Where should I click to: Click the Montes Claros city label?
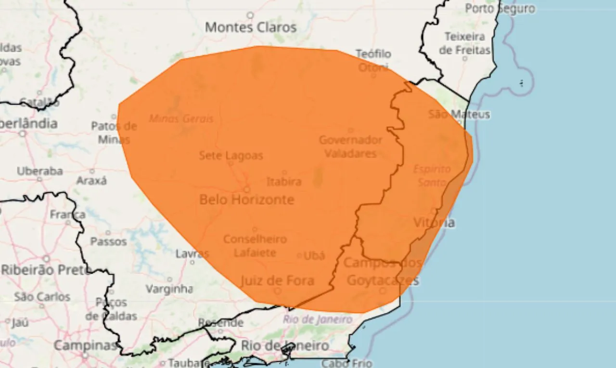click(251, 27)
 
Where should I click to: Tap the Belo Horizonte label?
click(246, 199)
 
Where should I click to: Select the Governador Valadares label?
click(350, 147)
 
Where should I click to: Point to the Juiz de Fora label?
click(277, 280)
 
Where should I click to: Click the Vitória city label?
click(434, 223)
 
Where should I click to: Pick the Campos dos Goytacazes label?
click(383, 272)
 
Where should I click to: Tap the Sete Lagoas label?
click(231, 156)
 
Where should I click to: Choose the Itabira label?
click(284, 182)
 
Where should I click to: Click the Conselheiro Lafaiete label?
click(255, 246)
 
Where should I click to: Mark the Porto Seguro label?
click(500, 9)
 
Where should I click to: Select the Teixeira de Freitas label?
click(464, 43)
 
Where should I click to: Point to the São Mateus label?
click(459, 115)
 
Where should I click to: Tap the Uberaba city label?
click(40, 171)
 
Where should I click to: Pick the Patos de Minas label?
click(114, 133)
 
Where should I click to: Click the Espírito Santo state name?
click(432, 175)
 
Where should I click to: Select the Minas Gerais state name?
click(181, 118)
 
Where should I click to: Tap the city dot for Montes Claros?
click(250, 15)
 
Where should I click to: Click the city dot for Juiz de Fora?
click(277, 291)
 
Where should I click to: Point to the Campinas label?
click(86, 345)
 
